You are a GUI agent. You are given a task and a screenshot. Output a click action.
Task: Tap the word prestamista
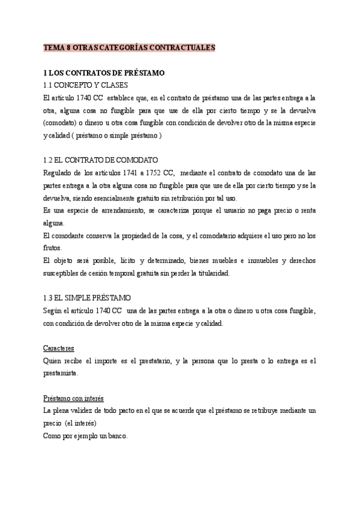[61, 373]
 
